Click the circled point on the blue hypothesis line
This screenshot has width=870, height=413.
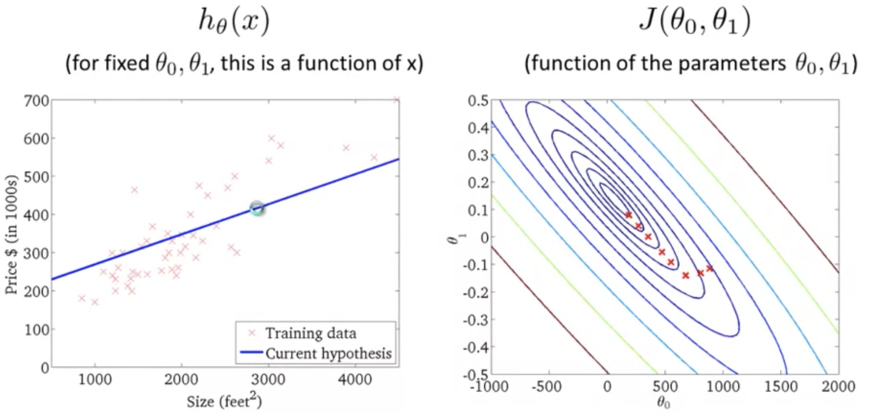click(257, 209)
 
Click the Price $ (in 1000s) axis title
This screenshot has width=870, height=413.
click(12, 234)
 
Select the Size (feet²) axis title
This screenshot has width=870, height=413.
click(225, 401)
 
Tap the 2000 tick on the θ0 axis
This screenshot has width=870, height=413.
click(839, 385)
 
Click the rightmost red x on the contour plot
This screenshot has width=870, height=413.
click(709, 269)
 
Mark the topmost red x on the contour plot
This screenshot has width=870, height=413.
click(629, 215)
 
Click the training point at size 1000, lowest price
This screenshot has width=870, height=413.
click(94, 302)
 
